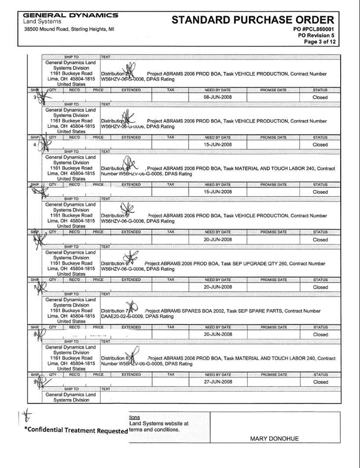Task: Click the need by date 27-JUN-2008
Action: [x=217, y=382]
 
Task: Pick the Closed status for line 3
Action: [x=320, y=97]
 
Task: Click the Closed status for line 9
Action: [x=320, y=382]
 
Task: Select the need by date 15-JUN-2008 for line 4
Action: [x=217, y=145]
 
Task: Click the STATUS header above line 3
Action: [x=320, y=89]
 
